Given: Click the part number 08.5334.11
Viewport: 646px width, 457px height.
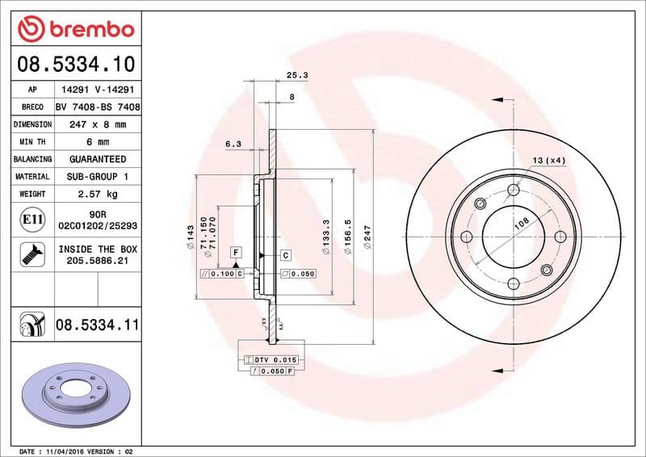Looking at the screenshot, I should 98,325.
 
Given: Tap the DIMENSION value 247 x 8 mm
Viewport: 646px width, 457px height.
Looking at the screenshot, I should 98,124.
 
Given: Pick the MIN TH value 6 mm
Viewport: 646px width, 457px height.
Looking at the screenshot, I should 98,142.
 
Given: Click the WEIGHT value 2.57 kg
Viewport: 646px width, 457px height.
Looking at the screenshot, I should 98,194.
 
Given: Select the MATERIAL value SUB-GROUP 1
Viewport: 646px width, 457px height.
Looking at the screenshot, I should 98,176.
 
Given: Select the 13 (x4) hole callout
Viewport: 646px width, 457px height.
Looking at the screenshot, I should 550,161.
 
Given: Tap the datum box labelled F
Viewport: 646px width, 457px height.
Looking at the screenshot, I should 236,253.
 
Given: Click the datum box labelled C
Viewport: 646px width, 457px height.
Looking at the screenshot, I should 286,255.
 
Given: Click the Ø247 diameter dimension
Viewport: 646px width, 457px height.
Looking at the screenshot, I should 367,238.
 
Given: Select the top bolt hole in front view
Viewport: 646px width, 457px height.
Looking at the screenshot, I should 513,191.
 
